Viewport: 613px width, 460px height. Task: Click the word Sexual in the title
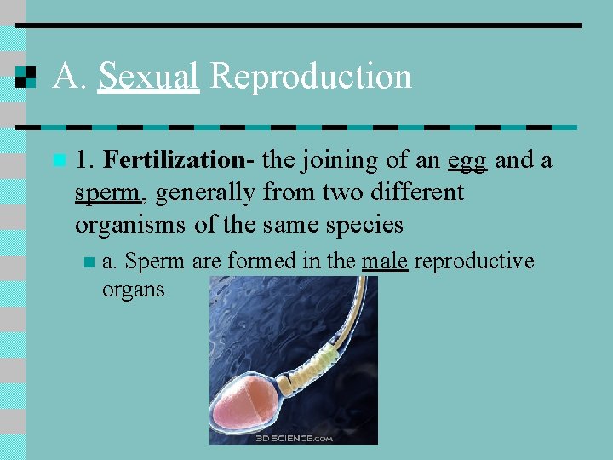(x=149, y=76)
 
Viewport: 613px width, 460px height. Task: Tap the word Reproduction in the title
(x=310, y=76)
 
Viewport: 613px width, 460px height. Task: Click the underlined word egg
(x=467, y=160)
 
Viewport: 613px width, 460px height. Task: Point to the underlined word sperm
(x=106, y=193)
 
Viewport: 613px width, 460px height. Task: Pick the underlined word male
(x=384, y=261)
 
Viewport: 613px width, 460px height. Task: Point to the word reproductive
(x=474, y=261)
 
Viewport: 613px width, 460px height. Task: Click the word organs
(x=133, y=290)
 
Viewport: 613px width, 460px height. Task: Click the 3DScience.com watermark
(x=295, y=438)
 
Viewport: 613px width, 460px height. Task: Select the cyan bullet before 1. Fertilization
(x=59, y=159)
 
